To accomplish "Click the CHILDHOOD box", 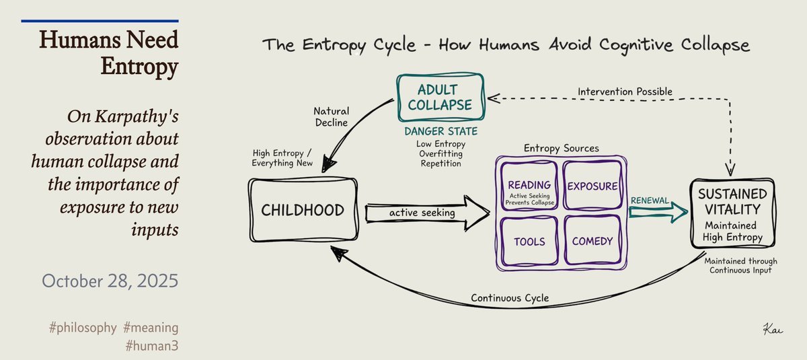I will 302,210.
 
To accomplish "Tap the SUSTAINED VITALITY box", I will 732,212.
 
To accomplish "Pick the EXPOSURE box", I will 592,185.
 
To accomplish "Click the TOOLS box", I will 529,241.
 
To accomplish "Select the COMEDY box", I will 592,241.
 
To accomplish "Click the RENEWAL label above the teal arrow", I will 649,201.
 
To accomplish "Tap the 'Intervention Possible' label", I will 625,91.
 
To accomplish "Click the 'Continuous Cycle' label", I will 510,297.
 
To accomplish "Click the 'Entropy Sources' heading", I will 561,147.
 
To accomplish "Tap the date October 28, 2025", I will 110,281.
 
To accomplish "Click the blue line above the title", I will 100,21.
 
